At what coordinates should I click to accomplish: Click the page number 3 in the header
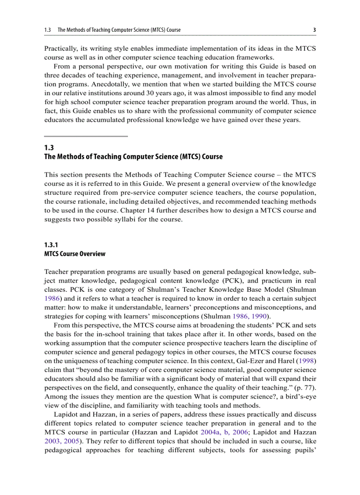314,30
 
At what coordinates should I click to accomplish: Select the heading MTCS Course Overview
75,254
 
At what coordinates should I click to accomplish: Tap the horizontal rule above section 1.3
86,136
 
